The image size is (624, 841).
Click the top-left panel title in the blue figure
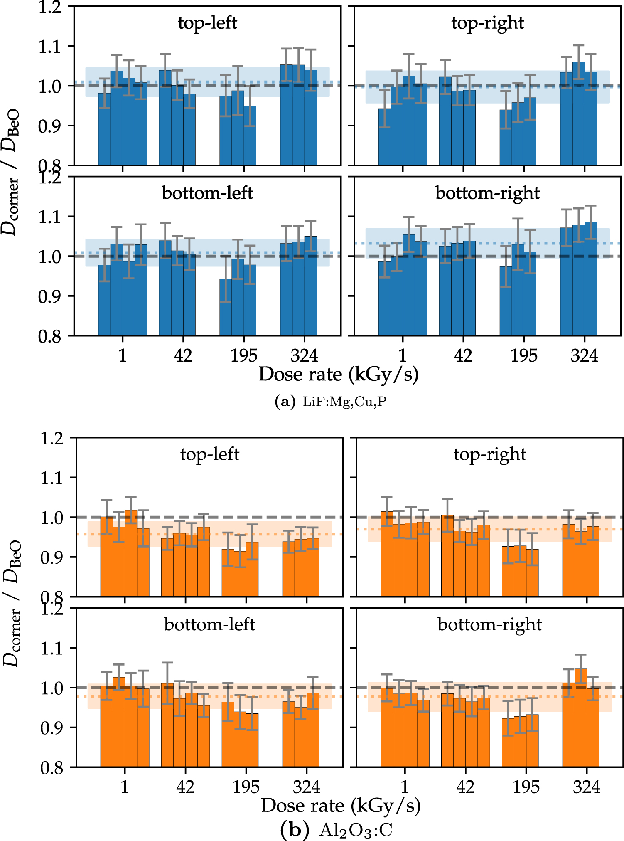point(207,23)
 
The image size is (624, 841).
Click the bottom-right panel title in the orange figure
point(489,624)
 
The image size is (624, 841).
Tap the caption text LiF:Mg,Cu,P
point(344,402)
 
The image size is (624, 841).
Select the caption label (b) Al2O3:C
point(337,830)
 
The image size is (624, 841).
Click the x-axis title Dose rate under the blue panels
point(338,374)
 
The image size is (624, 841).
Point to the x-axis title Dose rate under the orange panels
point(341,806)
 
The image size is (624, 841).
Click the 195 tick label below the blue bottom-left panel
point(243,356)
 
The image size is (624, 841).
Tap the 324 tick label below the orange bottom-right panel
point(586,787)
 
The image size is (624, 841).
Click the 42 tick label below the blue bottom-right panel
point(463,356)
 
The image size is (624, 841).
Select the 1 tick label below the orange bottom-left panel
point(125,787)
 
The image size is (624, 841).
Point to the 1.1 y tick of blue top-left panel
point(50,47)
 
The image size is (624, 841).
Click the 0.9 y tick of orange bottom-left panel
point(52,728)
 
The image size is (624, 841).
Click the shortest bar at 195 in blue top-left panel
point(250,135)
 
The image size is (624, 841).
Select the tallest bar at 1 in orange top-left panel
point(131,553)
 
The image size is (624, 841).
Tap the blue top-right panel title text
point(487,23)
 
